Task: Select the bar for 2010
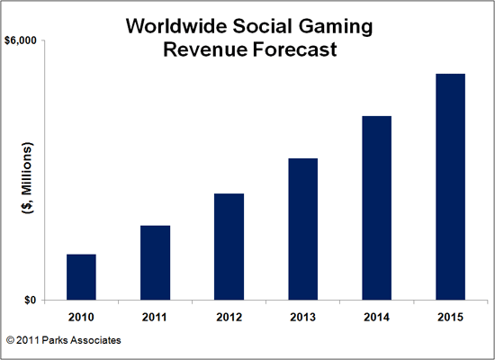click(81, 277)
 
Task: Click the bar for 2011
click(155, 263)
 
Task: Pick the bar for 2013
click(302, 229)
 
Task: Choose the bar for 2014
click(376, 208)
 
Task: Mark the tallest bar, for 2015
click(450, 187)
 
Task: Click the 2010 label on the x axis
click(81, 316)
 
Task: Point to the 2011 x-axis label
click(155, 316)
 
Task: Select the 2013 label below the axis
click(302, 316)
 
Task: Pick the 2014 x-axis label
click(376, 316)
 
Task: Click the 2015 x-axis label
click(450, 316)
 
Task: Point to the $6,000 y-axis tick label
click(22, 41)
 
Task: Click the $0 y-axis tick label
click(30, 301)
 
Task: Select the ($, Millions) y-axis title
click(27, 180)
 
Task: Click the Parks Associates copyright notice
click(63, 341)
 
